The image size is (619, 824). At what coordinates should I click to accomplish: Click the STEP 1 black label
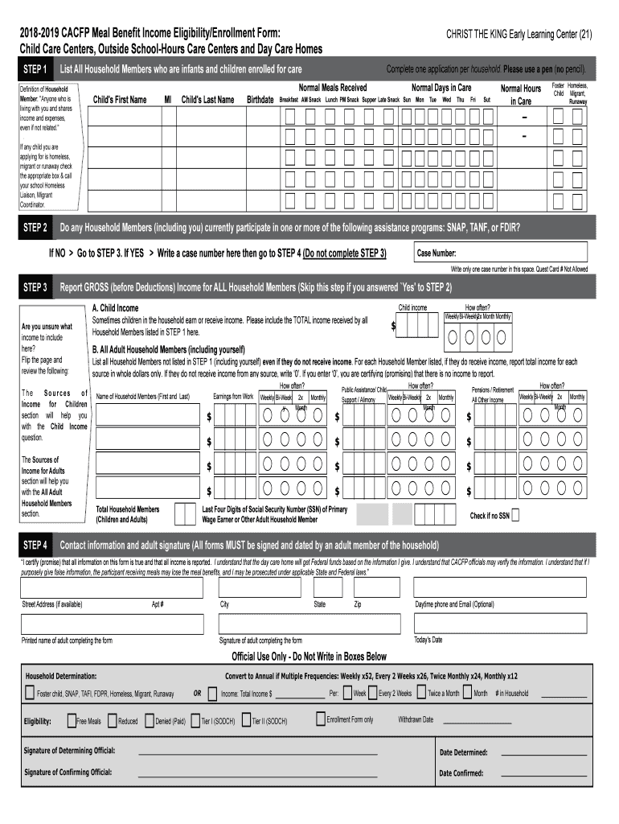(x=36, y=69)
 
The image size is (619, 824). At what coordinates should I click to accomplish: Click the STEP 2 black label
(x=36, y=227)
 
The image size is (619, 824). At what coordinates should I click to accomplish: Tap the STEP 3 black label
(x=36, y=286)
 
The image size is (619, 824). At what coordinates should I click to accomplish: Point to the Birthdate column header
(x=260, y=100)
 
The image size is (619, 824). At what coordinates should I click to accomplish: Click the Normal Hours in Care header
(x=521, y=94)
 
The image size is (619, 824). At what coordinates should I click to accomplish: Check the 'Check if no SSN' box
(x=515, y=515)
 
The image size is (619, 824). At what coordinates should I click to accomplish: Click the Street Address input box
(x=112, y=587)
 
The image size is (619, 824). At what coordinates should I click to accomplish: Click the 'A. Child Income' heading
(x=115, y=308)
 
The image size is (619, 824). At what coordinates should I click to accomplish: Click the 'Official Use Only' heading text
(x=309, y=656)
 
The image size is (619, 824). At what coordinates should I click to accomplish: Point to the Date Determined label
(x=463, y=752)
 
